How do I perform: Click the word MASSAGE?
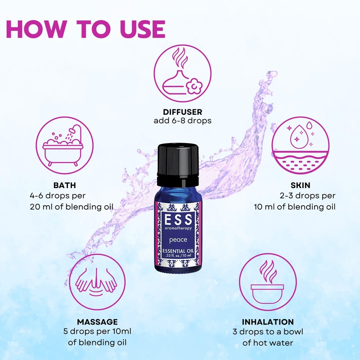tap(98, 322)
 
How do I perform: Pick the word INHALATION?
tap(268, 322)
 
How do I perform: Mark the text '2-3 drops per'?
tap(307, 197)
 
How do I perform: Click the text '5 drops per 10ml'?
tap(98, 332)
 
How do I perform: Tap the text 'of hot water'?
tap(268, 342)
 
